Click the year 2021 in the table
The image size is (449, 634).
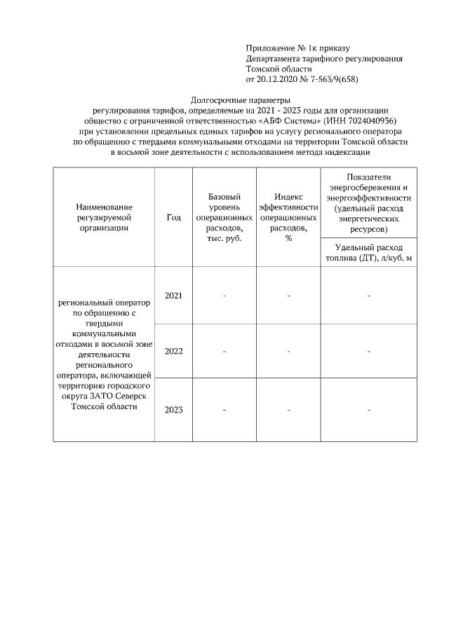173,296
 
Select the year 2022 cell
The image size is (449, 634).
173,351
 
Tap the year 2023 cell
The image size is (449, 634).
173,410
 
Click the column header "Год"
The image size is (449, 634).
173,218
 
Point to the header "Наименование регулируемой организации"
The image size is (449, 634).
105,217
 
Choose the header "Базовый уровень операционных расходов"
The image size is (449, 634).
224,217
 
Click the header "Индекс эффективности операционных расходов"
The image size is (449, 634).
288,217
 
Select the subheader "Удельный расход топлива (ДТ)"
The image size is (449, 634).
368,253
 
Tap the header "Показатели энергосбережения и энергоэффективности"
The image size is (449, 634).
368,203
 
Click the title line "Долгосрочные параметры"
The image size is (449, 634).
240,101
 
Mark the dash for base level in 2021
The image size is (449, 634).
224,296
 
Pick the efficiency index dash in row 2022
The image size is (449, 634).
288,351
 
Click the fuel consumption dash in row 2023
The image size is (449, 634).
368,410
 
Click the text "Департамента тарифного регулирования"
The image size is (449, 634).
324,59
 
